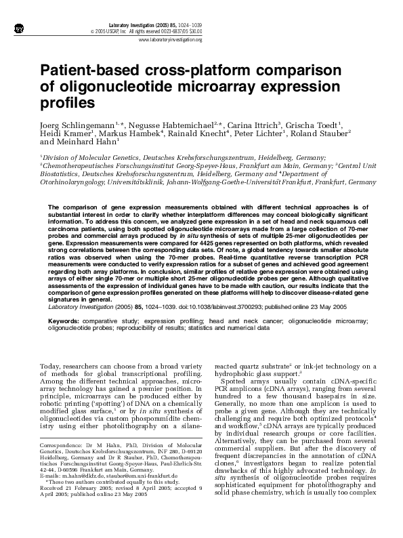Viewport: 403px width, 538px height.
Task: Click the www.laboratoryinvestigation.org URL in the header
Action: click(x=169, y=40)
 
